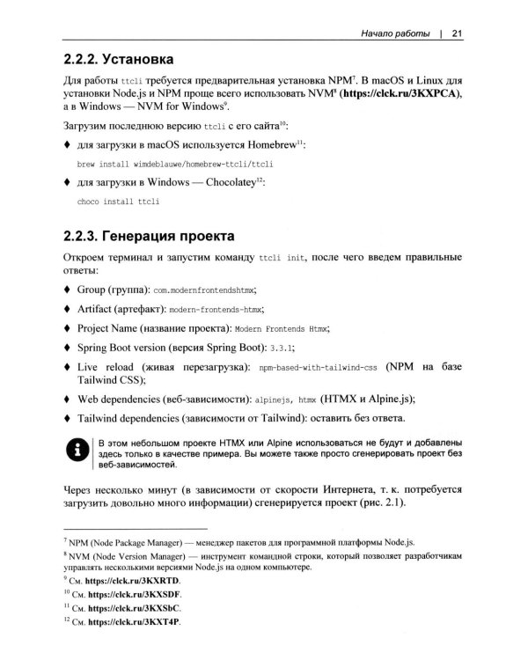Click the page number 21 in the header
pyautogui.click(x=457, y=35)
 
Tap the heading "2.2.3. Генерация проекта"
pyautogui.click(x=149, y=236)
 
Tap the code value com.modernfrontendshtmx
pyautogui.click(x=209, y=290)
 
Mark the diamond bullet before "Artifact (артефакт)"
pyautogui.click(x=70, y=308)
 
